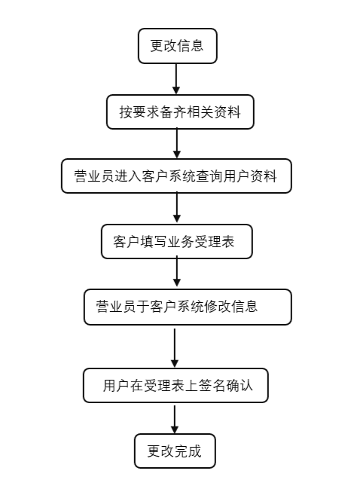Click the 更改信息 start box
click(x=177, y=45)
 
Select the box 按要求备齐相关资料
click(x=179, y=112)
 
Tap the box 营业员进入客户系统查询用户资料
click(x=175, y=176)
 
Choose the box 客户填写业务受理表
click(x=177, y=241)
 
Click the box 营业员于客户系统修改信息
click(x=187, y=307)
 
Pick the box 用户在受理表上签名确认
click(x=175, y=387)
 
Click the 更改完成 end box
click(x=175, y=451)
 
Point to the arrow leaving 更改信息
click(x=176, y=78)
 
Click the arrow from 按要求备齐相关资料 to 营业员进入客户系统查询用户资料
click(x=176, y=143)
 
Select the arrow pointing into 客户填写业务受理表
click(x=176, y=208)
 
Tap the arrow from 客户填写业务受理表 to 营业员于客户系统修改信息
click(x=176, y=273)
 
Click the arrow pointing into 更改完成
click(x=175, y=419)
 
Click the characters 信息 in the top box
click(x=191, y=45)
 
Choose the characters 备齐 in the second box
click(x=172, y=112)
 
